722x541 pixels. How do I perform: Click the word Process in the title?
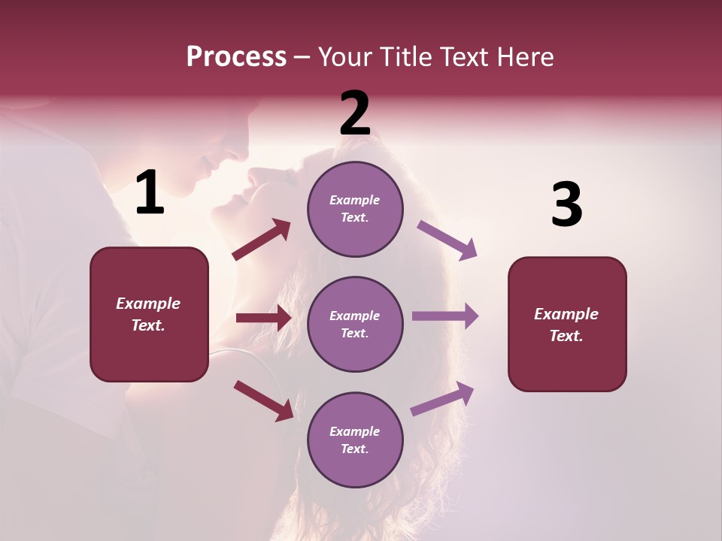(x=236, y=57)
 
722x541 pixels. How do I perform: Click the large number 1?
(x=150, y=193)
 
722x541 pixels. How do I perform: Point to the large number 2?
(x=355, y=113)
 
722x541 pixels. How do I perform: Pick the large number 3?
(x=566, y=204)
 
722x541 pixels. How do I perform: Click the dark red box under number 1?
(x=149, y=314)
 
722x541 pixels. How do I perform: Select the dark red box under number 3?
(x=567, y=325)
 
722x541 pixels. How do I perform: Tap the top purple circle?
(x=355, y=209)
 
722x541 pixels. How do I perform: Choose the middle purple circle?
(x=355, y=324)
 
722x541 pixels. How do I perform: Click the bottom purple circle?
(x=355, y=440)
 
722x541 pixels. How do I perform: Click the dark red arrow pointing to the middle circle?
(x=263, y=318)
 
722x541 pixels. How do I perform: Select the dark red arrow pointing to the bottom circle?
(x=263, y=400)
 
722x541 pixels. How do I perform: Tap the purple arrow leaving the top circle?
(x=447, y=240)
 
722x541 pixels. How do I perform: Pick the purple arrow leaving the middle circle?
(x=445, y=316)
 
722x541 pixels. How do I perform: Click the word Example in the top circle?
(x=355, y=201)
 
